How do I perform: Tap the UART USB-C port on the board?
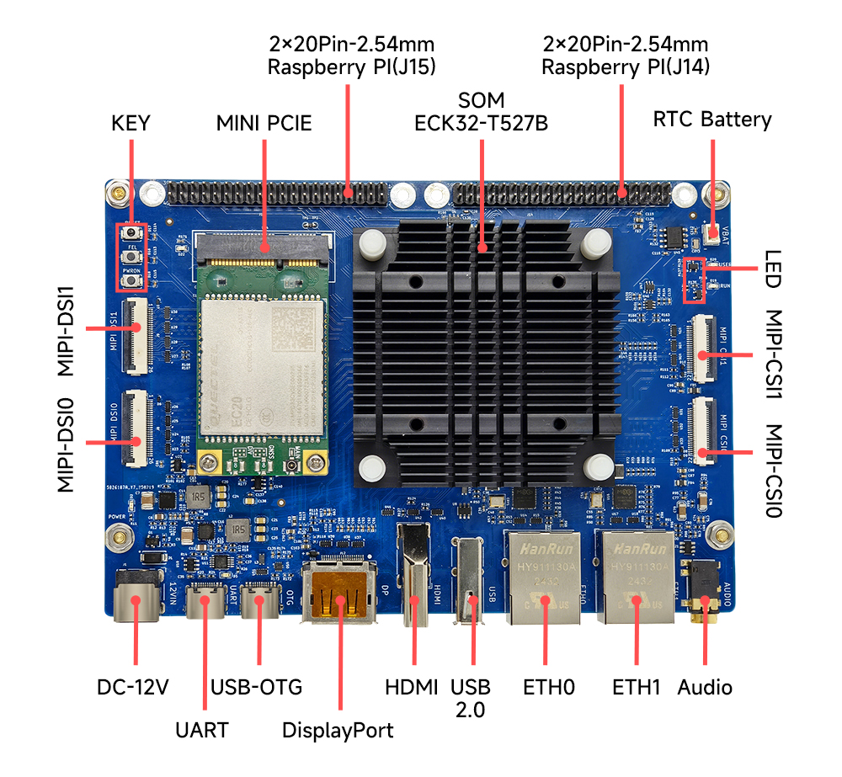tap(205, 601)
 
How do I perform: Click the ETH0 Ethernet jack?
tap(541, 579)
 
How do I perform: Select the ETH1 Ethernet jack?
tap(635, 579)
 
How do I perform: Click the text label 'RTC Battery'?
tap(712, 120)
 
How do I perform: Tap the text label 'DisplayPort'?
tap(338, 730)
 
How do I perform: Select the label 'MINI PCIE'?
tap(264, 124)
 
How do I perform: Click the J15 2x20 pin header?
tap(278, 194)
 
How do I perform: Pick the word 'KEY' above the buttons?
tap(131, 124)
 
